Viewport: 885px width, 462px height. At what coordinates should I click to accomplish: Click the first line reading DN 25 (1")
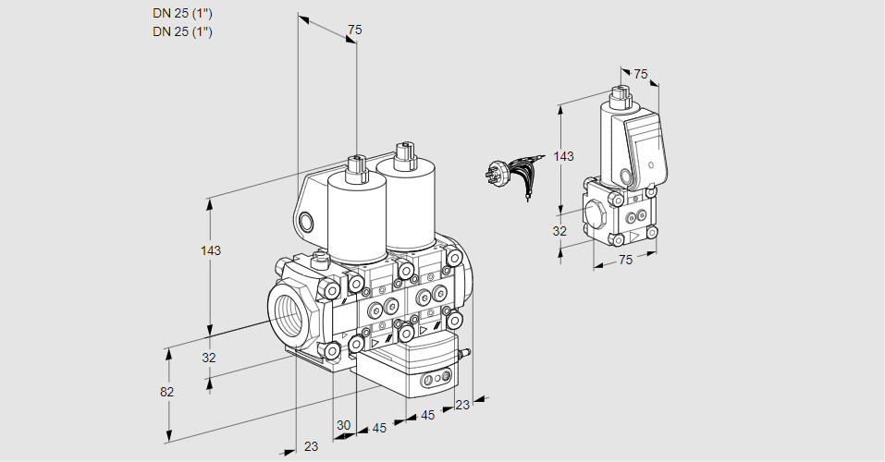click(x=183, y=13)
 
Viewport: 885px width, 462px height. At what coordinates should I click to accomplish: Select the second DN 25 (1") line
click(x=183, y=31)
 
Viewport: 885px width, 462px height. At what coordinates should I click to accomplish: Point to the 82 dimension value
click(x=167, y=392)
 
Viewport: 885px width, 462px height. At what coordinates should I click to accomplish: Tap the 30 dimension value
click(x=344, y=425)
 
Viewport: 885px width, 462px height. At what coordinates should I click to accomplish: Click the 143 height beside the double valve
click(x=211, y=251)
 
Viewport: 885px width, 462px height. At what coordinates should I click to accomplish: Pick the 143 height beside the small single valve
click(x=563, y=156)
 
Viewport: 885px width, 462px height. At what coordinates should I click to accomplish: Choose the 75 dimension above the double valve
click(x=353, y=30)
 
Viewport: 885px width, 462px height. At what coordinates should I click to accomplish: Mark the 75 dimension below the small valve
click(x=625, y=260)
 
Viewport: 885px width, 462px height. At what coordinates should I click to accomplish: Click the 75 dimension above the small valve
click(x=641, y=74)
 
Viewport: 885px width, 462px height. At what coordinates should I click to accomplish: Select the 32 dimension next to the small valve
click(x=559, y=231)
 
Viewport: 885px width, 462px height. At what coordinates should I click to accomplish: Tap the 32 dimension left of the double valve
click(x=209, y=358)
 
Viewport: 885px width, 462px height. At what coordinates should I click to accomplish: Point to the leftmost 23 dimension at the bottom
click(x=311, y=446)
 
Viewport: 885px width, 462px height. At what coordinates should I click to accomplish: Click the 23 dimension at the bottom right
click(x=462, y=404)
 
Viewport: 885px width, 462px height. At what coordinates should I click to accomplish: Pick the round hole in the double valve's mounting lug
click(x=306, y=221)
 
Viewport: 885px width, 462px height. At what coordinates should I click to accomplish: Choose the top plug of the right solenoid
click(x=402, y=153)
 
